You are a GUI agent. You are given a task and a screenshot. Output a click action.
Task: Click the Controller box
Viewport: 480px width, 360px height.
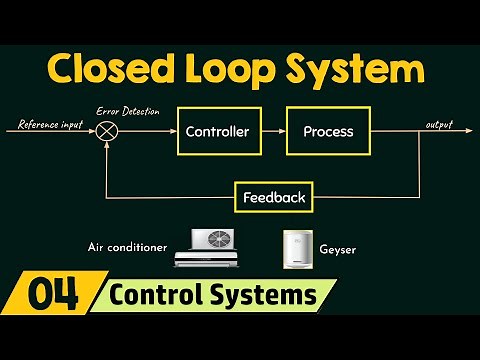pyautogui.click(x=218, y=131)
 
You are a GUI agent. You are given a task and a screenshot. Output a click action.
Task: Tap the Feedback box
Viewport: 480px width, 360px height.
pyautogui.click(x=273, y=197)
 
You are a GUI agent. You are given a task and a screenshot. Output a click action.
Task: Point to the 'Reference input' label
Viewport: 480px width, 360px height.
pyautogui.click(x=51, y=124)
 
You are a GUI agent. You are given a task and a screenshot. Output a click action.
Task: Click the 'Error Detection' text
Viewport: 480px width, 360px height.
pyautogui.click(x=127, y=111)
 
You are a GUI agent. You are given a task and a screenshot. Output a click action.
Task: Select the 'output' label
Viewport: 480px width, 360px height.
pyautogui.click(x=438, y=124)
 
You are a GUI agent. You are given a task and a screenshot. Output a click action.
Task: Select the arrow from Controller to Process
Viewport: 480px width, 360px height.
pyautogui.click(x=271, y=131)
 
